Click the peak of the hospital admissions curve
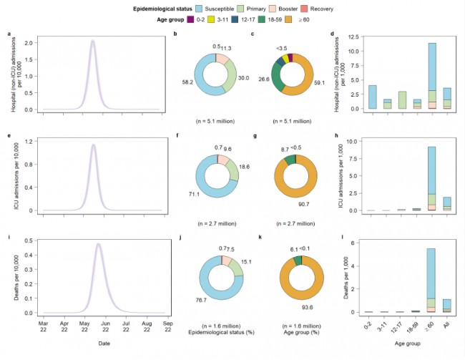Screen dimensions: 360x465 click(93, 41)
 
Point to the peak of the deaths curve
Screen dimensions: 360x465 click(99, 244)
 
